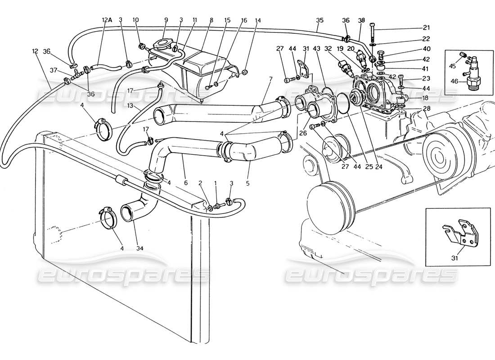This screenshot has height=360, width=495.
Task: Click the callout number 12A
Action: [x=106, y=20]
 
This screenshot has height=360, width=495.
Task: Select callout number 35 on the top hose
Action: [x=319, y=20]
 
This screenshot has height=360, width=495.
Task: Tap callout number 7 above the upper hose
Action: [x=270, y=80]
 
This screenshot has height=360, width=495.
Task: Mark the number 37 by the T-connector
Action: [x=54, y=70]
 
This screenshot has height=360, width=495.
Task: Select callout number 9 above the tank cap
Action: [x=166, y=20]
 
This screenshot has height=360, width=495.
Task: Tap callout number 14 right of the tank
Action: [x=258, y=20]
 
